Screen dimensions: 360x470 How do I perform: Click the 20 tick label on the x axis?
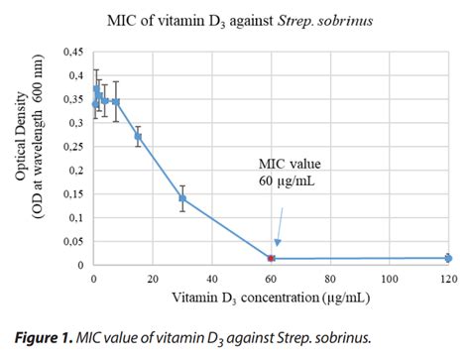coord(152,279)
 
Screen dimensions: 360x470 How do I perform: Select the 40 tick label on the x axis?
coord(211,279)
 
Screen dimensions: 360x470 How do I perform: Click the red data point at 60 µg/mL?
coord(271,258)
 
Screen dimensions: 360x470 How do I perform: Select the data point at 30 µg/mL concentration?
coord(182,198)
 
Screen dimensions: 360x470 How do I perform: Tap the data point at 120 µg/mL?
coord(447,258)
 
